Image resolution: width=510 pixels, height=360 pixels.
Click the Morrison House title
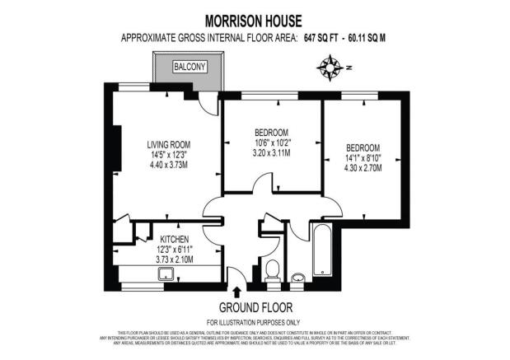(255, 19)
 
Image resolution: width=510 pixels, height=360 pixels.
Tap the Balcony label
(190, 67)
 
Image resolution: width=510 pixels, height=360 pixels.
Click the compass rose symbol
(332, 66)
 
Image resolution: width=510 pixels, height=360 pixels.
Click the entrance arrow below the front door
(238, 291)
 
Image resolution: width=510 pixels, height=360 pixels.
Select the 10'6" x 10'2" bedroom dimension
(271, 143)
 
